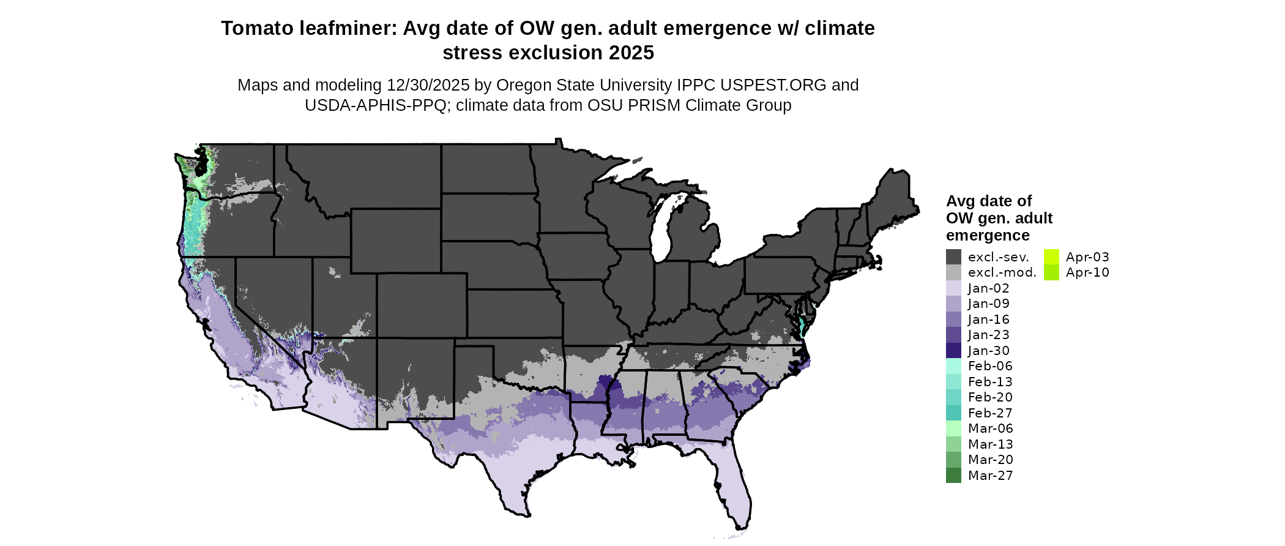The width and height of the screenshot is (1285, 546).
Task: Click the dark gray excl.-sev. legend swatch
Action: point(953,257)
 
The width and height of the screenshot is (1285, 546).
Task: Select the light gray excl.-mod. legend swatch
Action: point(953,272)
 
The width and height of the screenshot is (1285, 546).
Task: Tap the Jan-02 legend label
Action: point(988,288)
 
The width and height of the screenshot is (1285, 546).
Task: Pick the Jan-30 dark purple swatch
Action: point(953,351)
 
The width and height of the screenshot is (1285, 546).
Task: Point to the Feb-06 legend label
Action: point(990,366)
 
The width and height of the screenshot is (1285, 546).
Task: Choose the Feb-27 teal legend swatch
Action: point(953,413)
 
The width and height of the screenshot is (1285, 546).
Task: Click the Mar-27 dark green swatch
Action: point(953,476)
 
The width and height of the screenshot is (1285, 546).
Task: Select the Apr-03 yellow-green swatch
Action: point(1051,257)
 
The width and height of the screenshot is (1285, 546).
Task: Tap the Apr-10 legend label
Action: point(1087,272)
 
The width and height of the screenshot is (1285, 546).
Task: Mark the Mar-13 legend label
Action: point(990,444)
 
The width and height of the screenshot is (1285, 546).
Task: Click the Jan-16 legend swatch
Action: point(953,320)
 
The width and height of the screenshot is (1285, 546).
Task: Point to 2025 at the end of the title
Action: point(630,53)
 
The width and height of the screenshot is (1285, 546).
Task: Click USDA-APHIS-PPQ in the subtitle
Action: point(376,105)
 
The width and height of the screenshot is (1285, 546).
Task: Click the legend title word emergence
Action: point(988,236)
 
